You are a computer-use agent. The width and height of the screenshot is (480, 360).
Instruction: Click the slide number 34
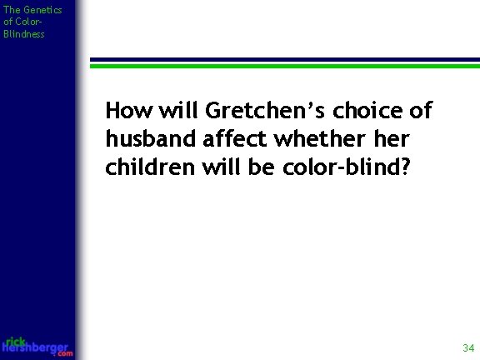click(x=467, y=347)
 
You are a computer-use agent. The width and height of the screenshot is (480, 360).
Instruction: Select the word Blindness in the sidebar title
click(x=24, y=35)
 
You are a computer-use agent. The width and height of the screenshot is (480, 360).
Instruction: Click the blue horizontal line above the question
click(x=283, y=62)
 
